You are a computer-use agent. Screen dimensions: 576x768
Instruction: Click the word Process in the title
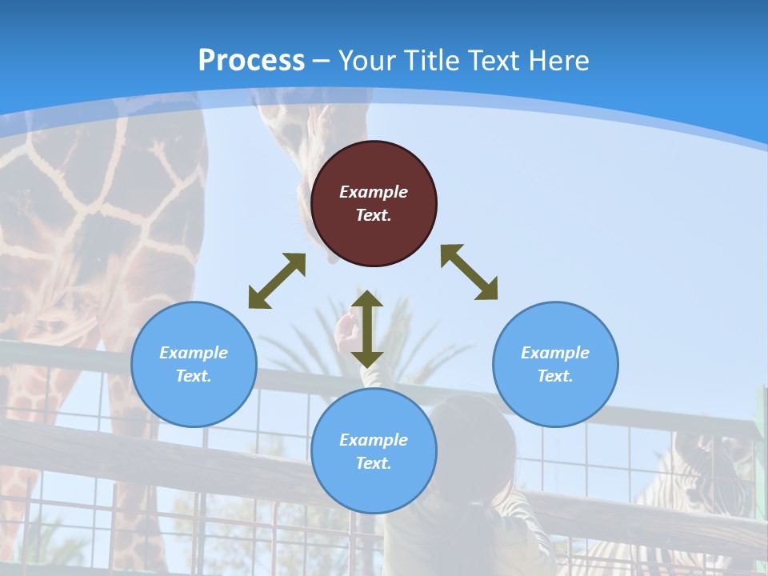point(251,61)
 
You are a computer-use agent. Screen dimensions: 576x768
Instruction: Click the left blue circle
point(194,364)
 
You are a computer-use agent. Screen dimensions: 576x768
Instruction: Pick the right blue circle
point(555,364)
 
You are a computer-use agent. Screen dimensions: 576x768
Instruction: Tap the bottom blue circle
point(374,451)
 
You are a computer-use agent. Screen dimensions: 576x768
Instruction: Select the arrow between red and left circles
point(277,281)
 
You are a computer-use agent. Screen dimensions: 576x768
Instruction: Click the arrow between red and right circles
point(470,272)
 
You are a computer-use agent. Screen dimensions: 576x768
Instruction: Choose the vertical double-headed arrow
point(367,329)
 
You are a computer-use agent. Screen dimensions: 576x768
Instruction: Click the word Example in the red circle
point(374,192)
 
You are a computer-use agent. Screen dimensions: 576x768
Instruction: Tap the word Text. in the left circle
point(194,376)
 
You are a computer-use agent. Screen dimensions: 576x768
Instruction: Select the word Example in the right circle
point(555,353)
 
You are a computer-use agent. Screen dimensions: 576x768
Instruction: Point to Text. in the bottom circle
point(374,463)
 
